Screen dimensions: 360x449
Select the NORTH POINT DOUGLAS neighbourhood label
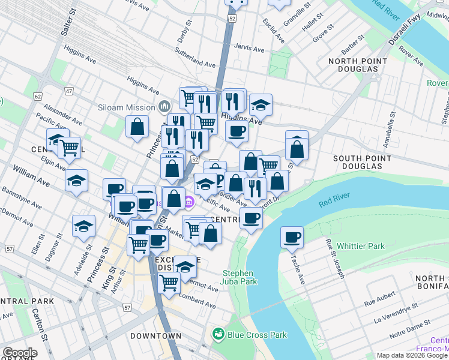click(353, 65)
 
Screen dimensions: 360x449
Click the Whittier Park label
click(360, 246)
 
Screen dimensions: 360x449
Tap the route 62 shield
click(37, 95)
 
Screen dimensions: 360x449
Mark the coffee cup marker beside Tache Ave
click(292, 238)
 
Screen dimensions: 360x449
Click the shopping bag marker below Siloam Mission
click(137, 127)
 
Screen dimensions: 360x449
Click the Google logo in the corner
click(20, 352)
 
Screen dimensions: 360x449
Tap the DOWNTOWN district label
click(155, 336)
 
